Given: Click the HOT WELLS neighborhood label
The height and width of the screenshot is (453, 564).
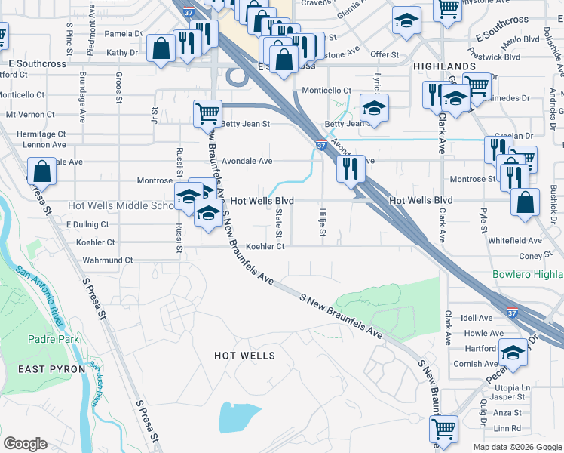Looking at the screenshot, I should [244, 355].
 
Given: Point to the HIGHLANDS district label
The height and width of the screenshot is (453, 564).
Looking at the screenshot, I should [444, 66].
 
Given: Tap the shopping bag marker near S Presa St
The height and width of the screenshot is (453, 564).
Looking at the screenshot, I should [42, 171].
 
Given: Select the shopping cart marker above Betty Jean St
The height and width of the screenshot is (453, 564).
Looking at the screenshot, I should [207, 115].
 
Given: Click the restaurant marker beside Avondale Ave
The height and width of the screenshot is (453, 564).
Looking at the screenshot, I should [351, 168].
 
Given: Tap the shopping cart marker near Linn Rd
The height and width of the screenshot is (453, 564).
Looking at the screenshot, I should [444, 429].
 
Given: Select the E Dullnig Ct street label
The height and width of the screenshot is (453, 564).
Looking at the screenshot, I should [87, 224].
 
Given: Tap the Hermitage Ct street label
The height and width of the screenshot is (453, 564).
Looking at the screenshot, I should [36, 134].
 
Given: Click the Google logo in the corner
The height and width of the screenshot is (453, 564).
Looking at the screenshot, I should [25, 444].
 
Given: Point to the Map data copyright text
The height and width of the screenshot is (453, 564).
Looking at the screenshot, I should [517, 447].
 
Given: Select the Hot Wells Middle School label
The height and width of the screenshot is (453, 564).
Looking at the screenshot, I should [121, 205].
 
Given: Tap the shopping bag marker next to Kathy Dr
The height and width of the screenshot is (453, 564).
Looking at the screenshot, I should [161, 50].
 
